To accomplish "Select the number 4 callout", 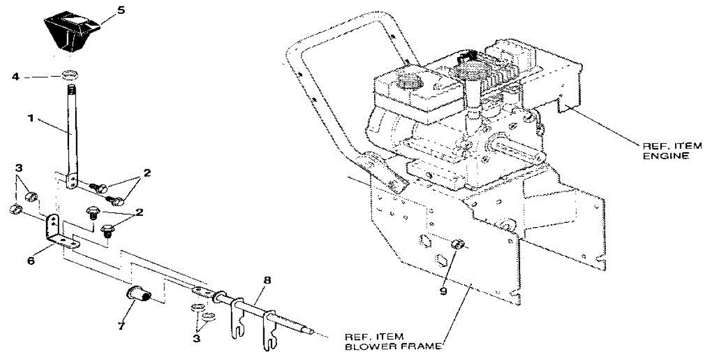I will pyautogui.click(x=16, y=77).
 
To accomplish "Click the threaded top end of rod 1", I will pyautogui.click(x=72, y=89).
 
